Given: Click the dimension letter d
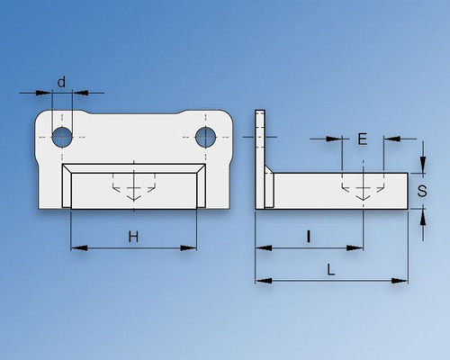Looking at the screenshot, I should (x=61, y=82).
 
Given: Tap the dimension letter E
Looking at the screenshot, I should (x=362, y=139).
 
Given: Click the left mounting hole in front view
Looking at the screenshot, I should (x=61, y=136).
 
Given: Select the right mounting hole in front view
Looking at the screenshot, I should (x=206, y=136).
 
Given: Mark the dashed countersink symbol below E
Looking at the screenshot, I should (x=363, y=189).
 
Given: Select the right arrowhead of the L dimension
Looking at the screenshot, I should (x=401, y=281).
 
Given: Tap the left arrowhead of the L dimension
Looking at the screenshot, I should (x=261, y=281).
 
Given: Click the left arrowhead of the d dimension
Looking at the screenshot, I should (x=46, y=92).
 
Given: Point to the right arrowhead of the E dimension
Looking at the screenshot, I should (x=389, y=139).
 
